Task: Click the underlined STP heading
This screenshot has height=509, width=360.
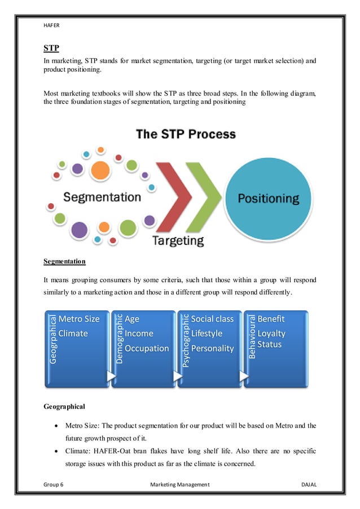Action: (x=51, y=48)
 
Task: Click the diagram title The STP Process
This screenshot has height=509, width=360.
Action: (x=186, y=135)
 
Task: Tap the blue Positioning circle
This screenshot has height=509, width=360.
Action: (x=268, y=199)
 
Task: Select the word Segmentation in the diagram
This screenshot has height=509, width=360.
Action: (x=102, y=197)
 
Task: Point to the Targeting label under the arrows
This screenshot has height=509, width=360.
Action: (x=178, y=240)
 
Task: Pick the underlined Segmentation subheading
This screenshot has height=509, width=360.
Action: (x=64, y=262)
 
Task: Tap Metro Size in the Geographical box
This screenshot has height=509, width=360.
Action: (x=79, y=319)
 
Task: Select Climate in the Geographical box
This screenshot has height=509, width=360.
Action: (x=73, y=334)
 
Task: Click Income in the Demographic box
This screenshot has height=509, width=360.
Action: (x=139, y=334)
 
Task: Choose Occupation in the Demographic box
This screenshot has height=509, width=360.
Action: (x=147, y=348)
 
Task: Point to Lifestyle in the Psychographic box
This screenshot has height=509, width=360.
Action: (x=207, y=334)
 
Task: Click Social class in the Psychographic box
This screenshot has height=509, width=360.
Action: (x=212, y=319)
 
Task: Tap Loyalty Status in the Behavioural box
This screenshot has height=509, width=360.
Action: (x=271, y=339)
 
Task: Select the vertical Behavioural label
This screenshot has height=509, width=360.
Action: (x=252, y=337)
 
